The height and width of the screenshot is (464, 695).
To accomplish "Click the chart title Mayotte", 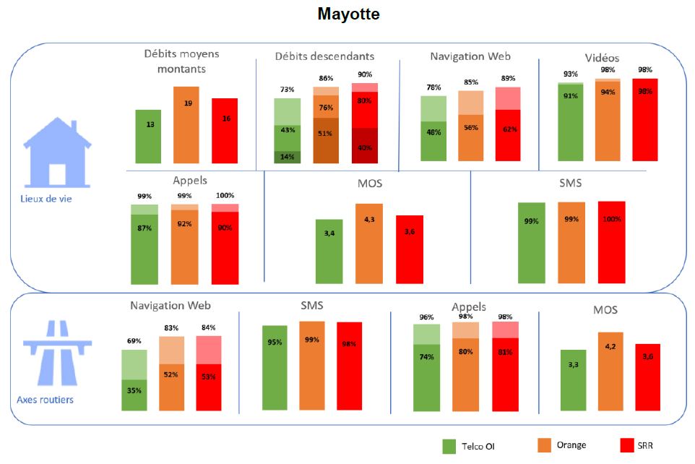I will click(x=348, y=14).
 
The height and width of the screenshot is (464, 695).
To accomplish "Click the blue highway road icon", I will click(x=55, y=354).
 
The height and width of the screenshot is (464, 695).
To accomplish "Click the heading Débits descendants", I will click(x=324, y=56).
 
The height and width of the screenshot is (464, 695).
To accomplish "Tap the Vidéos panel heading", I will click(x=602, y=58).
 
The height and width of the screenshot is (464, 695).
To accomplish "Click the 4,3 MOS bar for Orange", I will click(x=369, y=244).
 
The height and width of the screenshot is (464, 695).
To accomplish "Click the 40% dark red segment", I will click(x=365, y=147).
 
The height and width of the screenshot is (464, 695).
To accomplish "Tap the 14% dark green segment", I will click(x=287, y=157).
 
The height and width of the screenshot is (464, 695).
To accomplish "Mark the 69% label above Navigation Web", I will click(x=134, y=340).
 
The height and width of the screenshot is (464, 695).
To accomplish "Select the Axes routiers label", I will click(x=45, y=399).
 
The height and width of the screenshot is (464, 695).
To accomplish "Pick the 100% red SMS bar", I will click(x=611, y=242).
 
